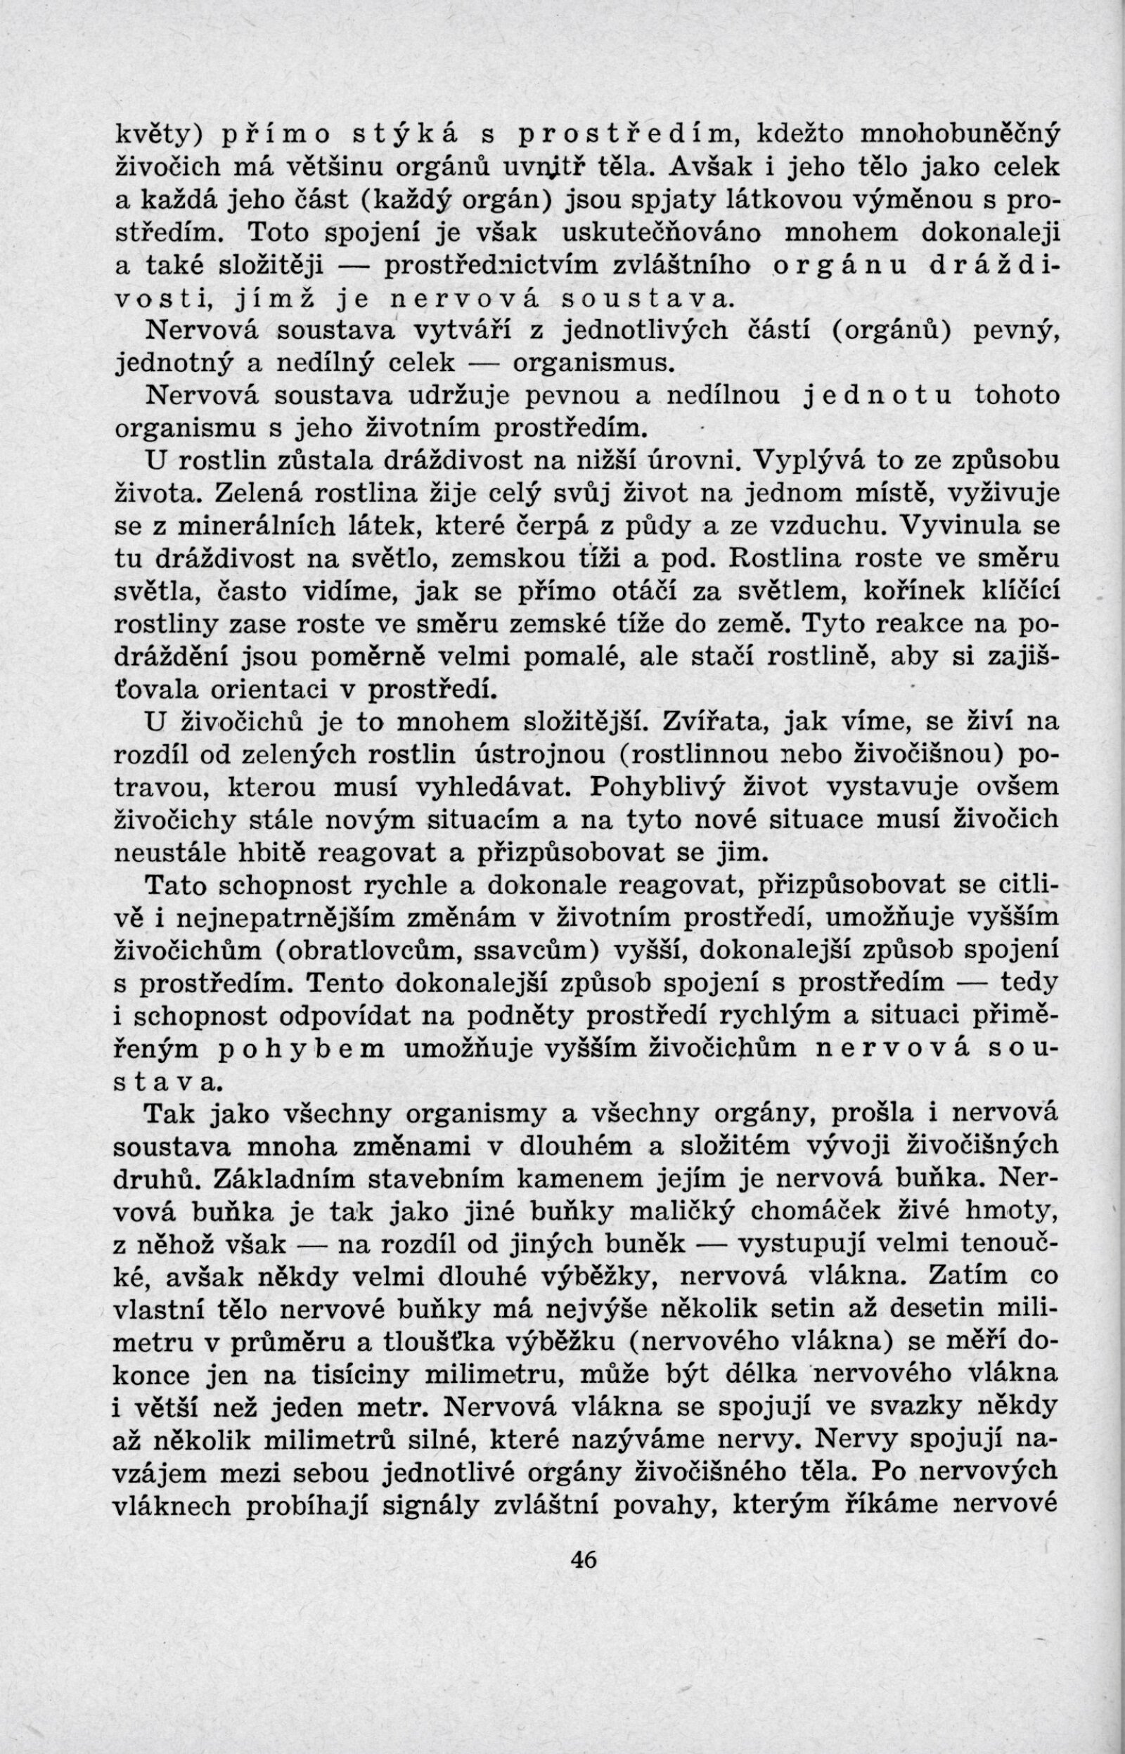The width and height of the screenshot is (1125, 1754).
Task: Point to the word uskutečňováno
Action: [662, 233]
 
